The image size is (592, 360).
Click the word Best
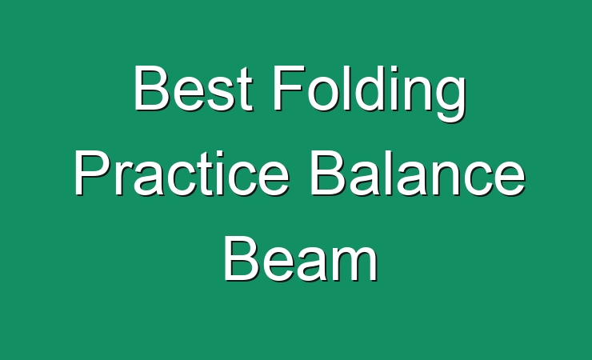click(x=193, y=88)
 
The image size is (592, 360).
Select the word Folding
click(x=370, y=94)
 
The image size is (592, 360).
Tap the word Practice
click(x=182, y=173)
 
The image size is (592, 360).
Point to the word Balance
click(x=418, y=173)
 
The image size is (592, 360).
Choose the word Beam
click(x=301, y=259)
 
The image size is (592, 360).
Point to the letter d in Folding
click(x=370, y=89)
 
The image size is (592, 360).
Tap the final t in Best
click(x=244, y=90)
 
